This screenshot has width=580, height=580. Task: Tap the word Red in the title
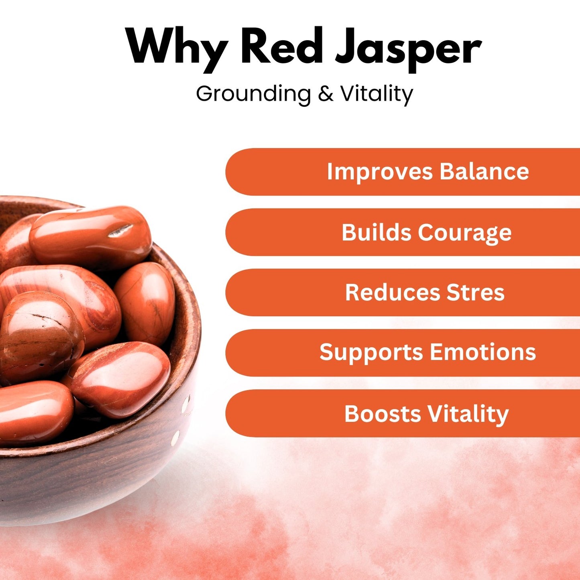point(282,46)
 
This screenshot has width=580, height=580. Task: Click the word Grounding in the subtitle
point(253,94)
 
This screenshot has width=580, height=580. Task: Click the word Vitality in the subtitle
point(377,94)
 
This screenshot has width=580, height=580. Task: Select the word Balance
point(484,171)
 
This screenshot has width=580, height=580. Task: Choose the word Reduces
point(392,292)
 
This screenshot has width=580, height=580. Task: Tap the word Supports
point(371,353)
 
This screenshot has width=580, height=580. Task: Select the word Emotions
point(483,352)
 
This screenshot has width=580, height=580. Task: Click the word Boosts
point(383,413)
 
